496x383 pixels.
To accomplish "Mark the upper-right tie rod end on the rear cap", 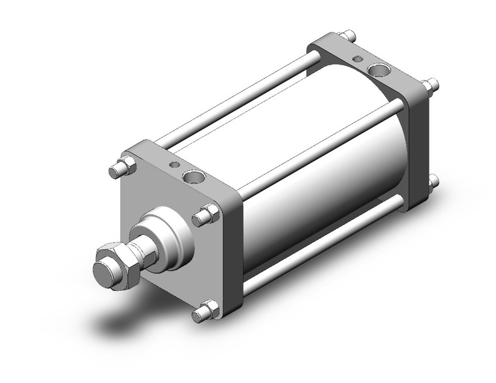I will click(x=430, y=84).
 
